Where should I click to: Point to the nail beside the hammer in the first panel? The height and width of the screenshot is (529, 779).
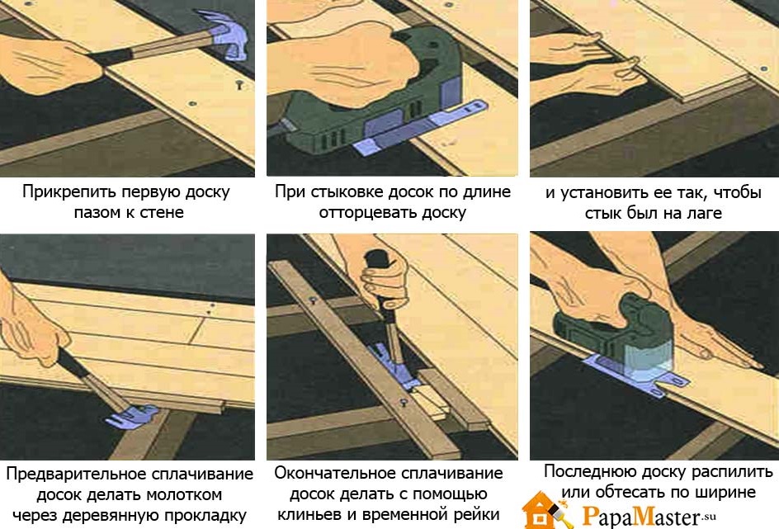(x=239, y=85)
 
